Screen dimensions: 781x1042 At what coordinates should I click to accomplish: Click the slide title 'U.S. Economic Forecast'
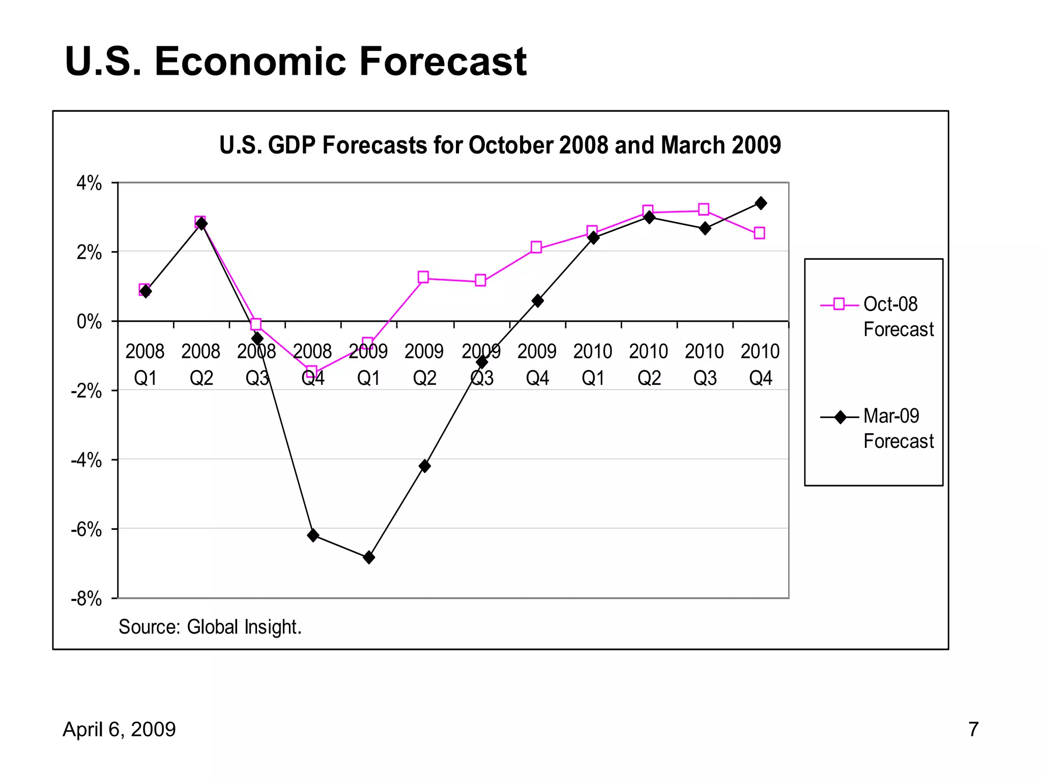point(296,62)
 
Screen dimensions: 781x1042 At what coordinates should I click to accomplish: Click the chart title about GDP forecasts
point(500,145)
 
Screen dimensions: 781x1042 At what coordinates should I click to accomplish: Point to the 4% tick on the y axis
point(89,183)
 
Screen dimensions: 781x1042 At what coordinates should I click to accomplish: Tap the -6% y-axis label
point(86,530)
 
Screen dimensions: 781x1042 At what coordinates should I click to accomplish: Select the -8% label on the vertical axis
point(86,599)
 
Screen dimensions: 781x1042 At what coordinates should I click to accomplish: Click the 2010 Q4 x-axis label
point(760,364)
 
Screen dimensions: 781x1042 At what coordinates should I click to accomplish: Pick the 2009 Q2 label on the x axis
point(424,364)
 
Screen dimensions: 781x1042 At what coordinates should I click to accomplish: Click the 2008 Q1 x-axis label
point(145,364)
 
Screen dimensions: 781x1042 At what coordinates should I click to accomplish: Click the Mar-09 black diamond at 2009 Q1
point(369,557)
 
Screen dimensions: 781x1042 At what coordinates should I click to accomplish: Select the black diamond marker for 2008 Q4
point(313,535)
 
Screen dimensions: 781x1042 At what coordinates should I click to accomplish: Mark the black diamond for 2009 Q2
point(425,466)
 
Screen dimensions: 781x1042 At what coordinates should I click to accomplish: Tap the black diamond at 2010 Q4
point(761,203)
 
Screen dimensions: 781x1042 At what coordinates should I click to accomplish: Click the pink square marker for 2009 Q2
point(423,277)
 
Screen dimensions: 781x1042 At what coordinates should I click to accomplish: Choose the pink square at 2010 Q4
point(759,233)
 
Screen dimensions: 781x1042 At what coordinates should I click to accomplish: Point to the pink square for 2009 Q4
point(536,248)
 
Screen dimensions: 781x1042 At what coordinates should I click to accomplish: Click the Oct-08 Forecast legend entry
point(878,316)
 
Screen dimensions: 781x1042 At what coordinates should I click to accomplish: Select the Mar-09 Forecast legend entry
point(878,428)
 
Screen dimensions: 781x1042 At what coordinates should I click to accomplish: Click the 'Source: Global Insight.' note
point(210,627)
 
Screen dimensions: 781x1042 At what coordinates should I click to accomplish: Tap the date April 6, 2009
point(119,729)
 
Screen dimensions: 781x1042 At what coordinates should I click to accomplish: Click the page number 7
point(973,729)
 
